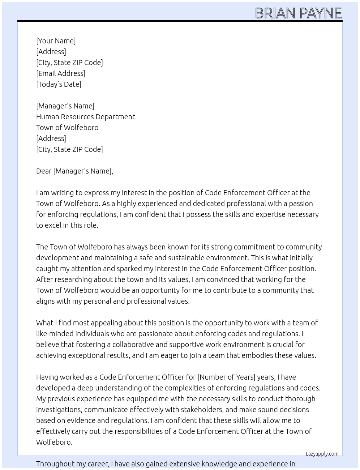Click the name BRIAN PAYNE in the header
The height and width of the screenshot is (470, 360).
tap(298, 13)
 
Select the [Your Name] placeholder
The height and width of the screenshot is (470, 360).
tap(56, 41)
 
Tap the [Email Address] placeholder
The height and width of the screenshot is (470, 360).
tap(61, 73)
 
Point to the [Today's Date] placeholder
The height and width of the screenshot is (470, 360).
tap(59, 84)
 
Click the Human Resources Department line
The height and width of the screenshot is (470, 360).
tap(85, 117)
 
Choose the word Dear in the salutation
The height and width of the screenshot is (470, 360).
tap(44, 171)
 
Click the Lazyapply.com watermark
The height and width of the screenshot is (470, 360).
tap(322, 454)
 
